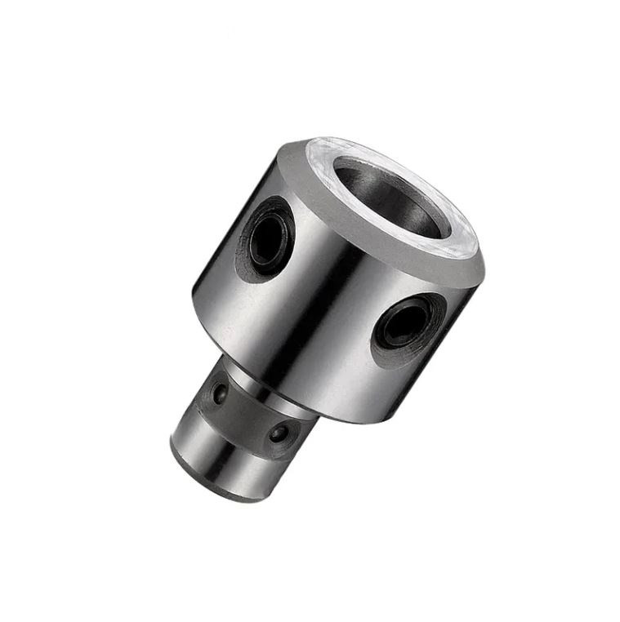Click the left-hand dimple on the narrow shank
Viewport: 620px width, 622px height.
(218, 395)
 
